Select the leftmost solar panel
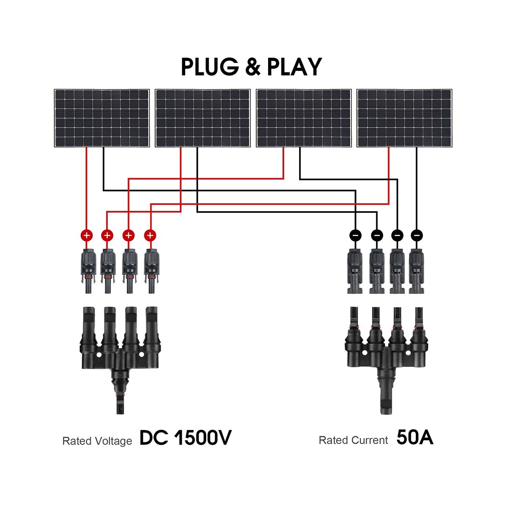[102, 118]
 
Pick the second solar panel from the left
[203, 118]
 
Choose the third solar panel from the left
[304, 118]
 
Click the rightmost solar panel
[404, 118]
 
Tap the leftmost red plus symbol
[86, 235]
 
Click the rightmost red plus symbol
[150, 235]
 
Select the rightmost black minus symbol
[417, 235]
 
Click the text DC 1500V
[185, 438]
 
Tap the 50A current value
[415, 438]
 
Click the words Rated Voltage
[97, 441]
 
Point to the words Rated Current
[353, 441]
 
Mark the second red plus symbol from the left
[107, 235]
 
